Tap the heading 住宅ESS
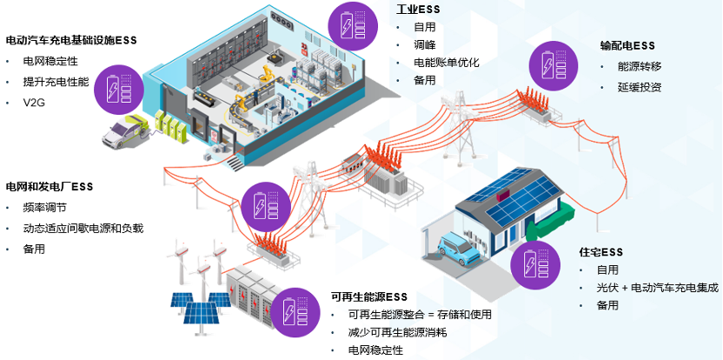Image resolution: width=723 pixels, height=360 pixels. [x=601, y=252]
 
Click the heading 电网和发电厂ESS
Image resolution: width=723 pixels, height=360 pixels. [x=50, y=187]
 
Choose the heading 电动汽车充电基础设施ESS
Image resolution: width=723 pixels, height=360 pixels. [x=71, y=40]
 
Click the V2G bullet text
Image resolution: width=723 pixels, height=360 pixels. [x=34, y=103]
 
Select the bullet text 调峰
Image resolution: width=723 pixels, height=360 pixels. [x=425, y=44]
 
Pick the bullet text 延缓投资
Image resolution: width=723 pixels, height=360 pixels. [x=639, y=87]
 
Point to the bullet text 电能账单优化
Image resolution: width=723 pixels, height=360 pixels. [x=447, y=63]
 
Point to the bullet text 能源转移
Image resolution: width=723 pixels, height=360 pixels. [x=639, y=66]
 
